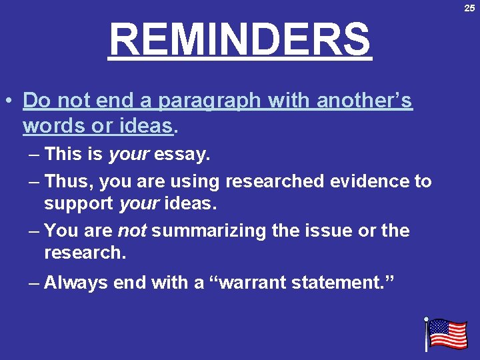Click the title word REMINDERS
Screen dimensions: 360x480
pos(240,39)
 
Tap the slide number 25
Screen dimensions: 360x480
pos(469,7)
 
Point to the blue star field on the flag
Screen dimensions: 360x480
pos(438,327)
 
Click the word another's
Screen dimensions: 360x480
pos(365,101)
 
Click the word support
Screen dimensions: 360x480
pos(79,203)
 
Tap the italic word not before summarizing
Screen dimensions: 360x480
pos(132,231)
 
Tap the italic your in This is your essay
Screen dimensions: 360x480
pos(129,155)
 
